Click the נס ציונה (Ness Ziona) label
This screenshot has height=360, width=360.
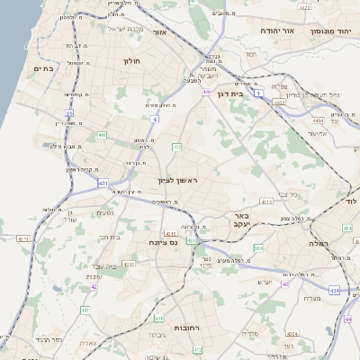pos(171,242)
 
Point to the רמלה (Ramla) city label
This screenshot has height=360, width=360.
pos(319,244)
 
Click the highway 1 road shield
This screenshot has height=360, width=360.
pos(258,93)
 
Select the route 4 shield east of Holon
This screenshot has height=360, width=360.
pos(155,118)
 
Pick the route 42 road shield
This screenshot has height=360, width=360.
pos(94,287)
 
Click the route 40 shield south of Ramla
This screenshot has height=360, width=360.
pos(285,284)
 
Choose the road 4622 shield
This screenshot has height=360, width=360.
pos(305,8)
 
